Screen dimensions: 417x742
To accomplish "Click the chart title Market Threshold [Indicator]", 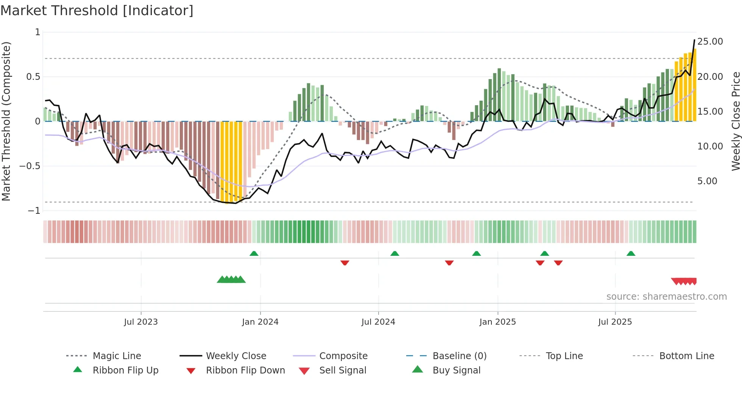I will [x=97, y=11].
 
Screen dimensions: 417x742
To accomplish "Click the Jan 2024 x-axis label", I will [x=260, y=322].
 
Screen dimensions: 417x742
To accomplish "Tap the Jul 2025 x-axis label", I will [x=615, y=322].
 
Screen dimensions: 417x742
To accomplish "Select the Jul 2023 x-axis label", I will [x=141, y=322].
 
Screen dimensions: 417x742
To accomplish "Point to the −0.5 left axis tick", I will [x=30, y=166].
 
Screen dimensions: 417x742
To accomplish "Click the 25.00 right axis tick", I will [x=710, y=42].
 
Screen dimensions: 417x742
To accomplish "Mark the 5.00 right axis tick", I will [x=707, y=181].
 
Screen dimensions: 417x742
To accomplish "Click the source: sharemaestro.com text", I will [x=666, y=297].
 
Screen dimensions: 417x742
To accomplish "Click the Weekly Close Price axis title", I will [x=736, y=121].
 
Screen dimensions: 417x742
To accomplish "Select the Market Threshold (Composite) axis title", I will [x=6, y=121].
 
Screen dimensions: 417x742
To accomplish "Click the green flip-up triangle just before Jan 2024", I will [x=254, y=254].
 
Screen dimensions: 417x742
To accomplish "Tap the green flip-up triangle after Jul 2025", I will [x=631, y=254].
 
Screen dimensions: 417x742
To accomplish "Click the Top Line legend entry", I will [x=564, y=356].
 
